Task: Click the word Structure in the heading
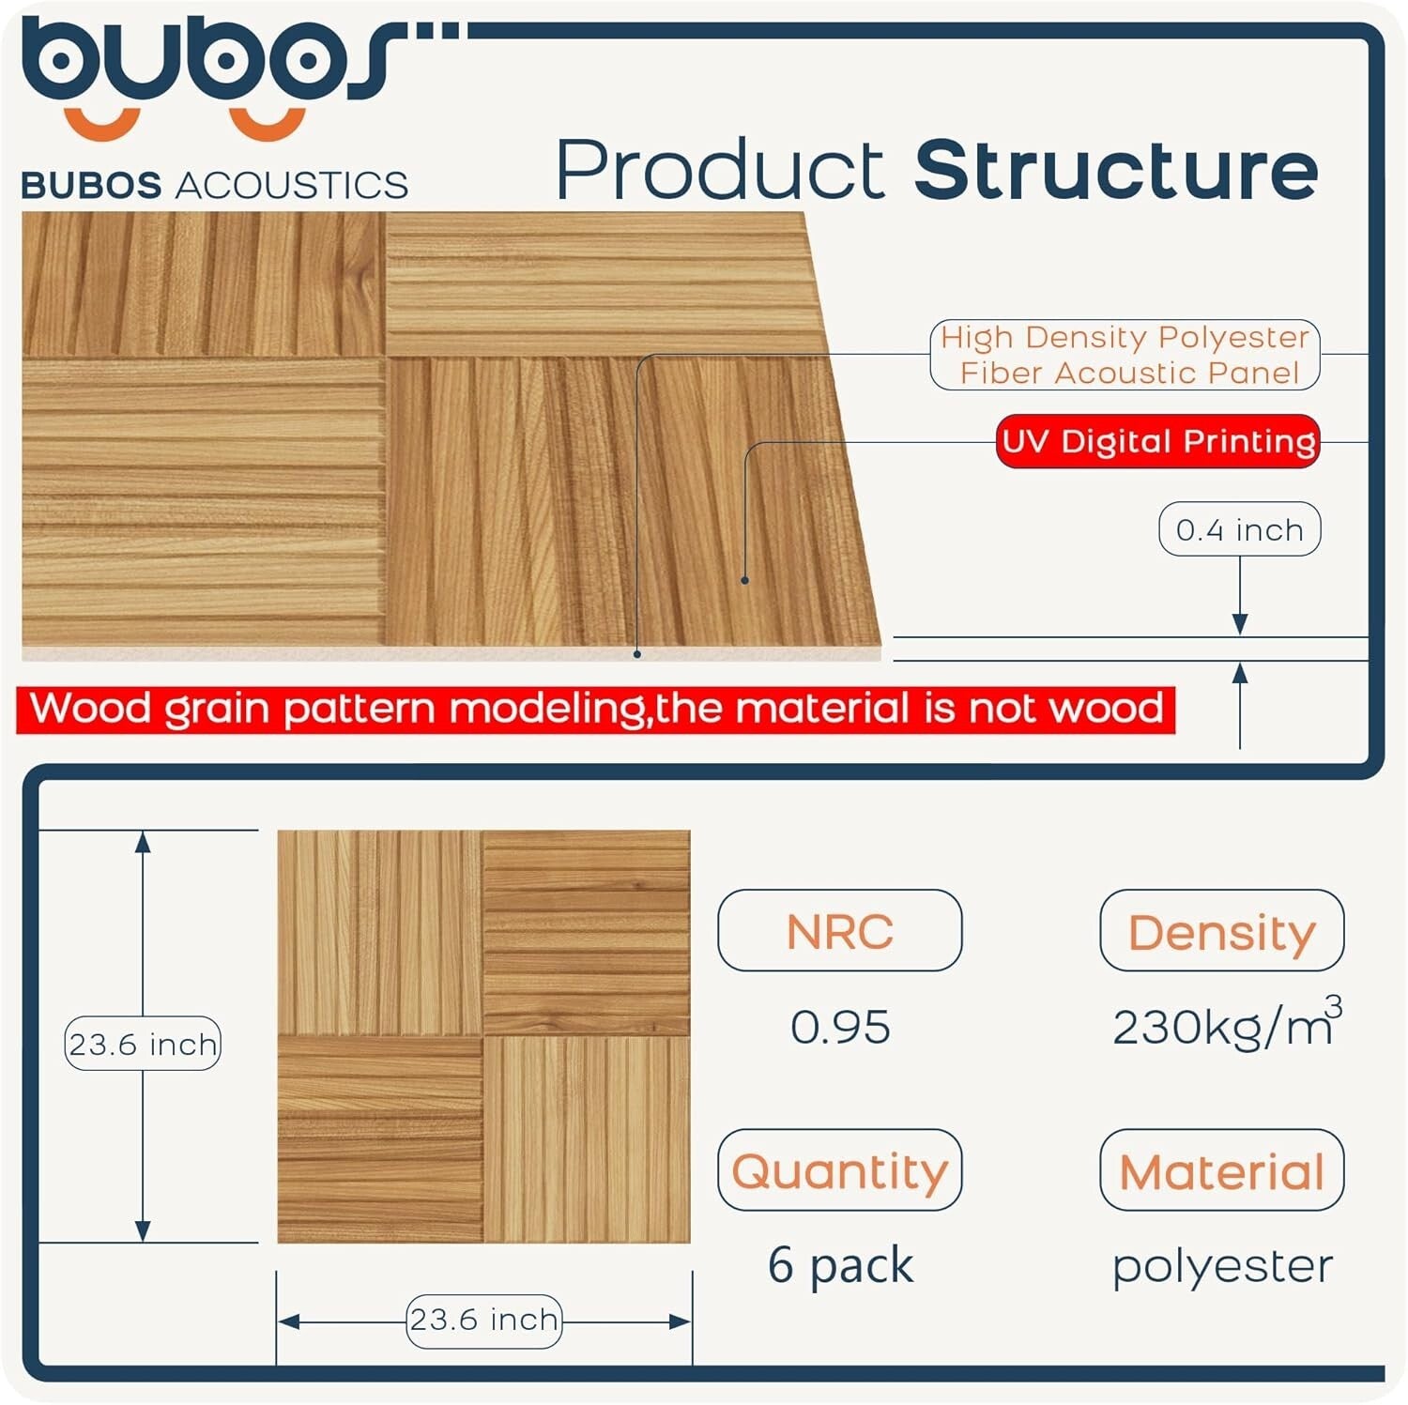tap(1117, 170)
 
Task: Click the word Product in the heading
tap(720, 170)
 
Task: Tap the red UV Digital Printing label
tap(1157, 441)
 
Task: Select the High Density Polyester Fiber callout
tap(1125, 355)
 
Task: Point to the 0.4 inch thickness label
tap(1239, 529)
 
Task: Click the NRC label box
tap(840, 930)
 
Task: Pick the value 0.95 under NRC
tap(840, 1027)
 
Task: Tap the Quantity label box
tap(840, 1169)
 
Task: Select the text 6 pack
tap(840, 1265)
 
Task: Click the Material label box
tap(1222, 1169)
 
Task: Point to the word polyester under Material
tap(1222, 1267)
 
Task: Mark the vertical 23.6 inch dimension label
tap(143, 1044)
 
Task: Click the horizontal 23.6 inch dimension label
tap(484, 1321)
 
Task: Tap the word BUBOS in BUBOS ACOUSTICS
tap(91, 185)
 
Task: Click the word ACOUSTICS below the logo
tap(292, 185)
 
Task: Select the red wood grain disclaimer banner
tap(596, 709)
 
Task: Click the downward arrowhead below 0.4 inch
tap(1240, 624)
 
